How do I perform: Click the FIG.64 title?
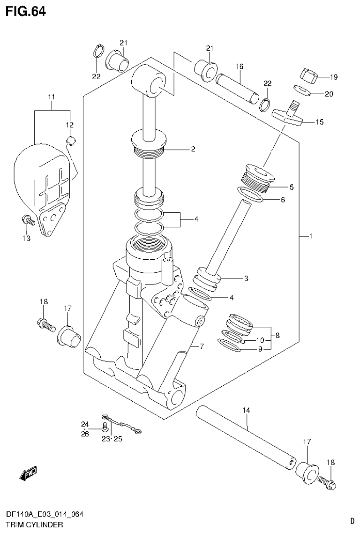coord(26,11)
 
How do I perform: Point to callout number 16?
coord(240,67)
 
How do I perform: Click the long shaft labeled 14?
coord(246,436)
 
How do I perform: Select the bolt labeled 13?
coord(26,219)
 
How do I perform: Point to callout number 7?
coord(202,347)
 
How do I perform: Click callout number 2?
coord(192,150)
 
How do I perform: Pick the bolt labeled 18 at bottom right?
coord(327,481)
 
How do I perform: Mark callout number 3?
coord(246,278)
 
